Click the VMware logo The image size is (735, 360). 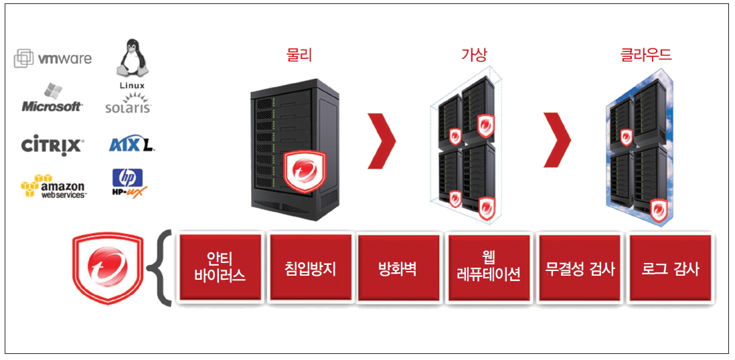click(x=53, y=59)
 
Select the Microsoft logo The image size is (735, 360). click(x=52, y=99)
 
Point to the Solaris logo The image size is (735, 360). click(x=129, y=104)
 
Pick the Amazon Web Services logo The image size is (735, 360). click(x=54, y=186)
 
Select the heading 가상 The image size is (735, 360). click(x=475, y=55)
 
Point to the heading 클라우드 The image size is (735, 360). click(x=646, y=55)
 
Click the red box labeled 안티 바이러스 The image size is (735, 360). click(x=219, y=267)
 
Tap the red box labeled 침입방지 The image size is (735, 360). click(x=309, y=267)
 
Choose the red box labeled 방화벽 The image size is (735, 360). click(x=399, y=267)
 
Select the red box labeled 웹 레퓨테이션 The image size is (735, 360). click(x=489, y=267)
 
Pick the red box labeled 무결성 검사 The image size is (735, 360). click(x=580, y=267)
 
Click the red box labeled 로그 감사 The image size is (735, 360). click(x=669, y=267)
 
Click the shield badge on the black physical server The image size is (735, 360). click(x=304, y=171)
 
